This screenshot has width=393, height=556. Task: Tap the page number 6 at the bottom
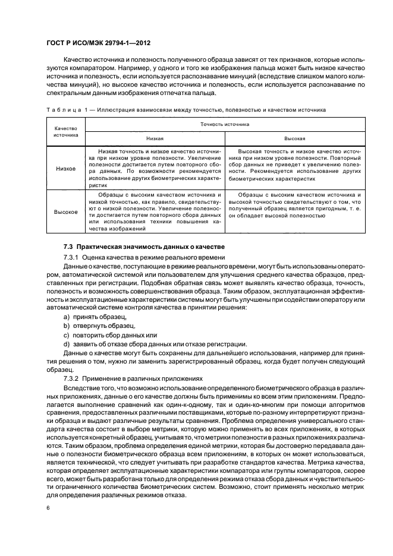click(x=47, y=508)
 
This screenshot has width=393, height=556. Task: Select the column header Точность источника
click(x=224, y=124)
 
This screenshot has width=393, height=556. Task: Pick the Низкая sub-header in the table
click(x=155, y=138)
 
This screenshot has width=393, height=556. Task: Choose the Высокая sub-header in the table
click(x=294, y=138)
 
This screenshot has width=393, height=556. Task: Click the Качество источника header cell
click(x=66, y=131)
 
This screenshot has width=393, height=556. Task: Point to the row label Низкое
click(x=66, y=168)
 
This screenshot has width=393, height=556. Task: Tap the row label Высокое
click(x=66, y=211)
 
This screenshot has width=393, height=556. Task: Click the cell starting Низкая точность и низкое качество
click(x=155, y=168)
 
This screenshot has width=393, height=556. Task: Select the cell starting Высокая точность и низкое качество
click(x=294, y=165)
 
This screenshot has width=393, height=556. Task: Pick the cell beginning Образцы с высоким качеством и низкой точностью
click(x=155, y=211)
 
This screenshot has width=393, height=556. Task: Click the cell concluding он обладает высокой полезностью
click(x=294, y=205)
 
